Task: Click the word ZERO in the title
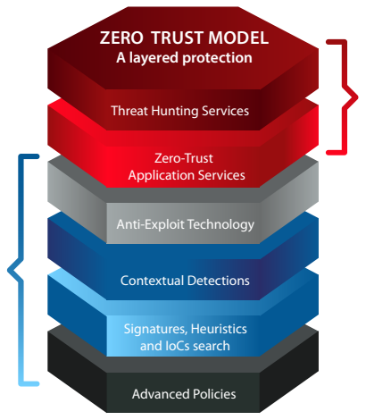(x=121, y=38)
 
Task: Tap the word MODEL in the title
(x=238, y=38)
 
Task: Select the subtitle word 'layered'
(x=154, y=58)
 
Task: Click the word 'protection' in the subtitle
(x=217, y=58)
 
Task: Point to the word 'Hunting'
(x=175, y=112)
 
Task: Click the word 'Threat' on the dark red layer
(x=129, y=111)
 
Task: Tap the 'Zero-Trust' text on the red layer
(x=184, y=158)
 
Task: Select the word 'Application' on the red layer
(x=161, y=176)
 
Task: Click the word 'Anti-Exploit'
(x=150, y=224)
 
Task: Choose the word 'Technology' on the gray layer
(x=221, y=225)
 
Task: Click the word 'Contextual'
(x=152, y=281)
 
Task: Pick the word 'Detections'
(x=219, y=281)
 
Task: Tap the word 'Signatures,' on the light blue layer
(x=155, y=330)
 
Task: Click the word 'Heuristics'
(x=219, y=329)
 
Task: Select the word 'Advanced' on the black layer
(x=161, y=394)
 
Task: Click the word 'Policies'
(x=214, y=394)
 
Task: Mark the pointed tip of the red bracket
(x=357, y=97)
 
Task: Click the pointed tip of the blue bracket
(x=8, y=270)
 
